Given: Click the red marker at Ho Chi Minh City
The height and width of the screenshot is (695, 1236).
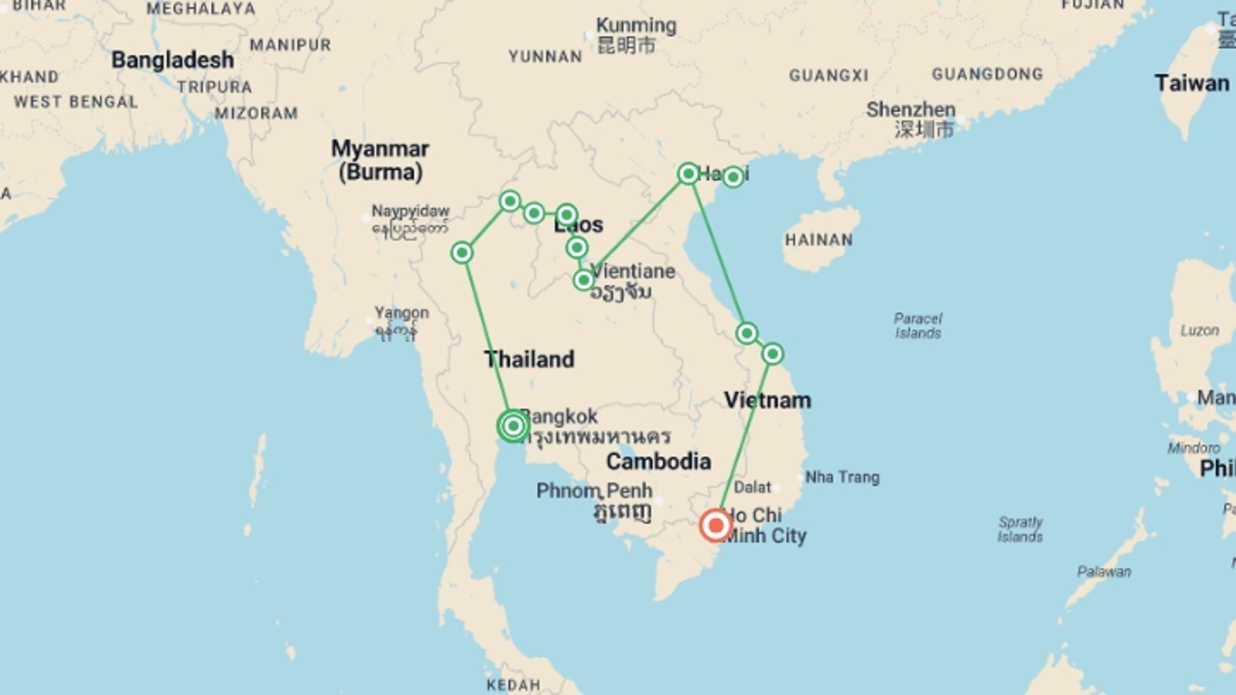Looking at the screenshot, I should click(715, 526).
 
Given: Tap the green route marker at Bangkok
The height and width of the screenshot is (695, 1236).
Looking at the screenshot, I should click(513, 426).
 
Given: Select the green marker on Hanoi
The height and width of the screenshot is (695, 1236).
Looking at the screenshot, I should click(688, 174).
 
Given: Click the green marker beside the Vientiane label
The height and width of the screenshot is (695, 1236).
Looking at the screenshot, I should click(583, 280).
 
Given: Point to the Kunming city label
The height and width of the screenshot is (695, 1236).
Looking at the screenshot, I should click(635, 26).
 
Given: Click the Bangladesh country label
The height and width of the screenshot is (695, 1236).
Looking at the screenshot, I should click(173, 60).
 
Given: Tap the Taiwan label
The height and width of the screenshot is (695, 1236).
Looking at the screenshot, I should click(1192, 84).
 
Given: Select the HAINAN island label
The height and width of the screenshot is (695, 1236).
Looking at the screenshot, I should click(818, 240).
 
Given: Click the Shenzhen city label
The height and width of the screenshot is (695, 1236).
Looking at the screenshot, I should click(910, 109).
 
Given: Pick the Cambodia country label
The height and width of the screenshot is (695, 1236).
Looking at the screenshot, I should click(659, 461).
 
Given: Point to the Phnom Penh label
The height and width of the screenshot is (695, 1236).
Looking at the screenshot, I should click(595, 491).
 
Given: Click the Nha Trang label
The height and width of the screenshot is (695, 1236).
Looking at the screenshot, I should click(842, 477).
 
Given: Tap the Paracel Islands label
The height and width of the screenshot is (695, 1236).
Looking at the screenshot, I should click(918, 326).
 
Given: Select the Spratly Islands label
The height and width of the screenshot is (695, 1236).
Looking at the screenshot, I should click(1020, 529).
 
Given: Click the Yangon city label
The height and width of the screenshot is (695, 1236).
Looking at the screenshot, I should click(402, 313).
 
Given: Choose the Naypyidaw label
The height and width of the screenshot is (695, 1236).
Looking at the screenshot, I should click(410, 211).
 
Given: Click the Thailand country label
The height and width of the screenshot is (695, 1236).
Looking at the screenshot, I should click(529, 359).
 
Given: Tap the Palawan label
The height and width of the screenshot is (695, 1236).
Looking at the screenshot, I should click(1104, 571).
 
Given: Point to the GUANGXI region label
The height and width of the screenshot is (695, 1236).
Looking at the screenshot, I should click(829, 76).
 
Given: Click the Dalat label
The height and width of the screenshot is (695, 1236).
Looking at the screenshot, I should click(752, 487).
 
